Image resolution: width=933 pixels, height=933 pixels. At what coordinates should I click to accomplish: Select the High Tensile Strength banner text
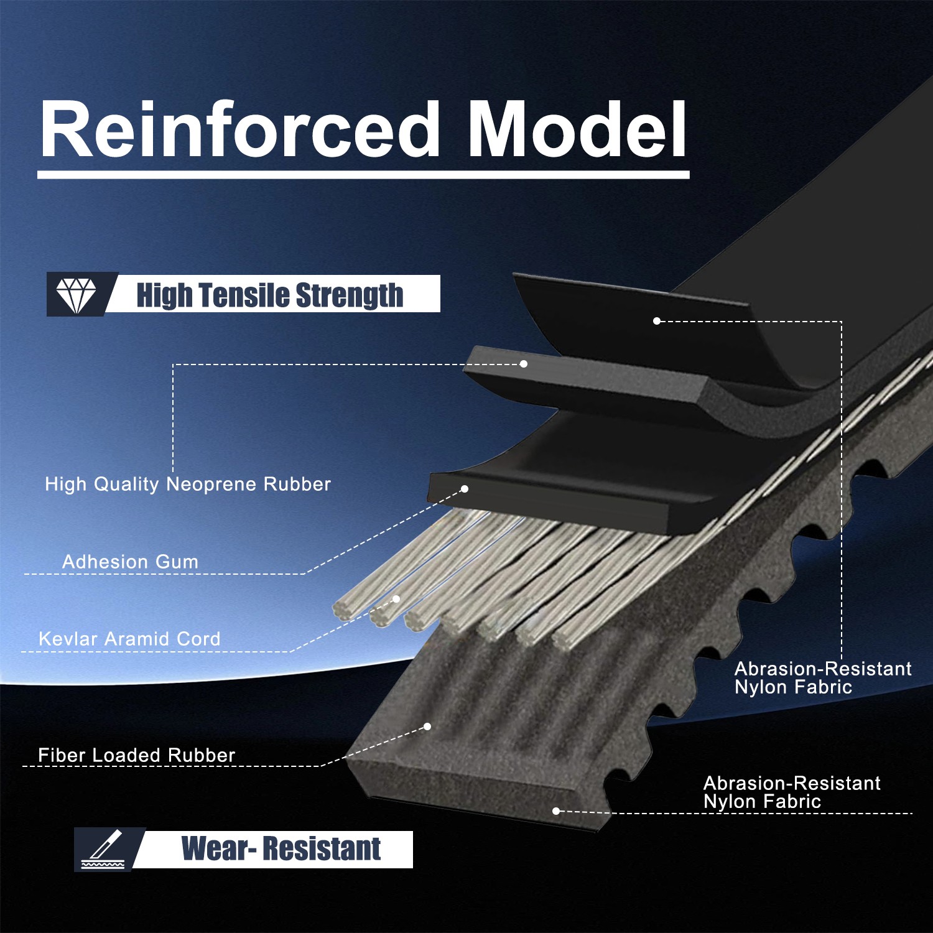(x=270, y=295)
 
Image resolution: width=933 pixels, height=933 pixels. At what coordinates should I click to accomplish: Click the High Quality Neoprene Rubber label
(x=188, y=484)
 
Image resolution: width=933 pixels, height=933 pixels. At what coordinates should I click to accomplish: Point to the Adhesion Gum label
(x=130, y=561)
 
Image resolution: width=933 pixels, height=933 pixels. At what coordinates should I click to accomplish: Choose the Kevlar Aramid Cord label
(x=129, y=638)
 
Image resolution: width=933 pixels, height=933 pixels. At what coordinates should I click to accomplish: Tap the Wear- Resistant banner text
(x=281, y=848)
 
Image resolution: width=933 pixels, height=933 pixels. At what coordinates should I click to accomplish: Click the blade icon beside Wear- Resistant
(x=103, y=849)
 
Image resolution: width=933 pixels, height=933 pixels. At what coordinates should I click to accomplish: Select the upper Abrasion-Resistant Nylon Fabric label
(x=823, y=677)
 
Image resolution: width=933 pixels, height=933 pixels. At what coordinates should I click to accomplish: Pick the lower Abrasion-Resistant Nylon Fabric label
(x=792, y=792)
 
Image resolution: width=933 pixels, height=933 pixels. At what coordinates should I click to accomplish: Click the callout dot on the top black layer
(x=657, y=321)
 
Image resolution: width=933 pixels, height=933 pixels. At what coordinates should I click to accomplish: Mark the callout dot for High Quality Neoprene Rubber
(x=524, y=363)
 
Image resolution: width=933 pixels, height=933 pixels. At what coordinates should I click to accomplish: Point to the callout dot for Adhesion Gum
(x=465, y=489)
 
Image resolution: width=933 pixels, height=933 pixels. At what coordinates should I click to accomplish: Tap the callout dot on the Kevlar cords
(x=396, y=599)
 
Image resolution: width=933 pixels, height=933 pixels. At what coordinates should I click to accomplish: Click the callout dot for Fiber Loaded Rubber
(x=427, y=726)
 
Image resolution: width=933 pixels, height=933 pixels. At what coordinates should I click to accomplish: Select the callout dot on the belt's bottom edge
(x=556, y=810)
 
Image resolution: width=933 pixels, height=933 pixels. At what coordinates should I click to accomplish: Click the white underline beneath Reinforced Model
(x=363, y=175)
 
